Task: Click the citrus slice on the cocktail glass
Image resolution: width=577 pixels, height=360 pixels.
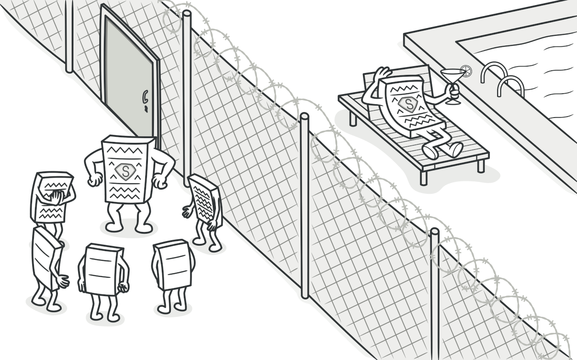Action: point(466,71)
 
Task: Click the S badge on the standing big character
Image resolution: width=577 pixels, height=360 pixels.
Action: point(124,171)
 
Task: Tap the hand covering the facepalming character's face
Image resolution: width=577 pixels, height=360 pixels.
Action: point(56,197)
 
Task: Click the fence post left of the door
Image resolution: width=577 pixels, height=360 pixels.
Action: point(69,37)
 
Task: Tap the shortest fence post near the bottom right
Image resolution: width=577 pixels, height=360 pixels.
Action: point(434,294)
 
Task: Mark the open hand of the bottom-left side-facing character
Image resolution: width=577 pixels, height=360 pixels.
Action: point(62,281)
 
